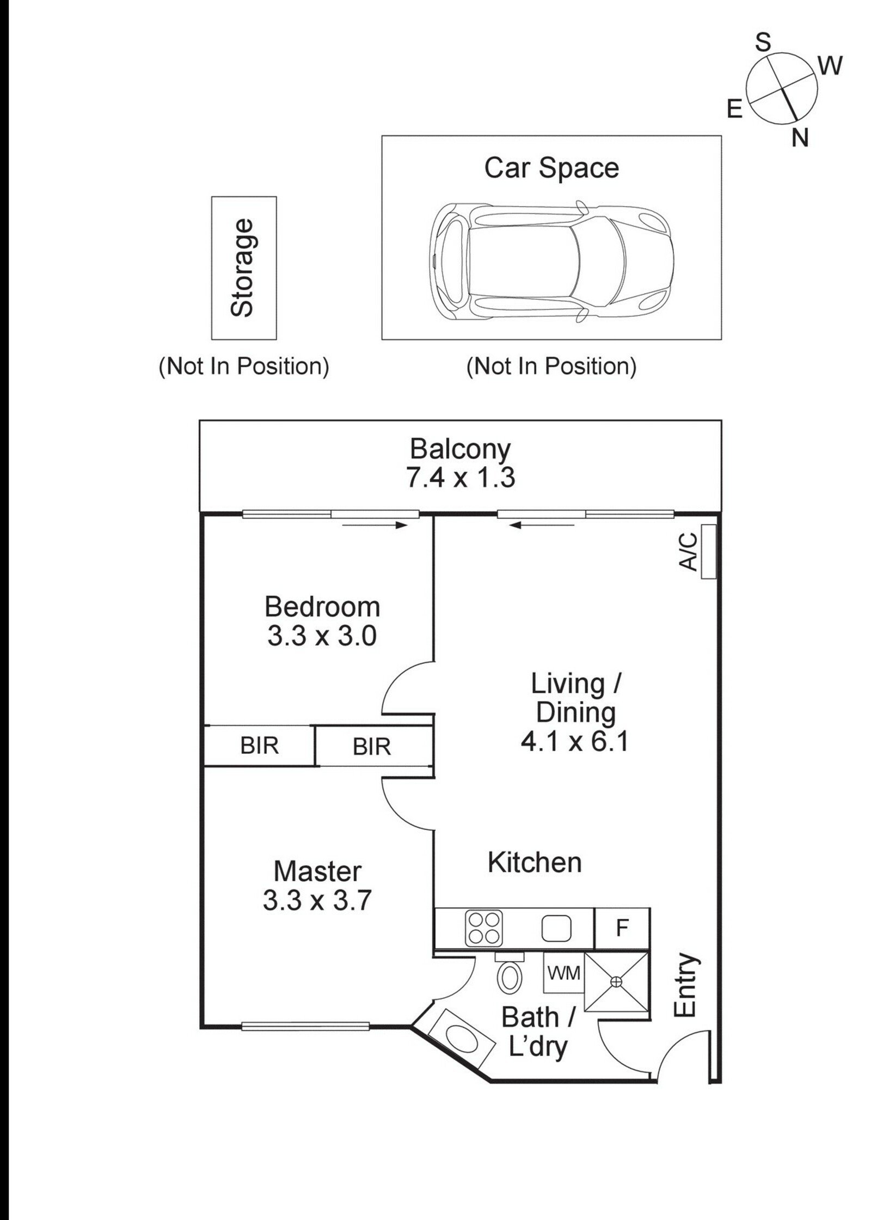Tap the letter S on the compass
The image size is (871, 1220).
pos(764,42)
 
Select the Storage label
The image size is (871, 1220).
pos(242,267)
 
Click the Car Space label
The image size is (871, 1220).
pos(551,168)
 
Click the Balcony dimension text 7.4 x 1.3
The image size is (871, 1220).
pos(460,478)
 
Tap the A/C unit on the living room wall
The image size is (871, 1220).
pos(708,551)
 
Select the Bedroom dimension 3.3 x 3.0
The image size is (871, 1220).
pos(322,636)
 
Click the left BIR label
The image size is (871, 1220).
pos(259,745)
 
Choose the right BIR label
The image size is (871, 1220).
pos(372,746)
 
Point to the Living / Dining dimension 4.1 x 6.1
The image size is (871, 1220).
pos(575,741)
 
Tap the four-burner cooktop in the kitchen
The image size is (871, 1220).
pos(484,929)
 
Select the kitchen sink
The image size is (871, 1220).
pos(556,929)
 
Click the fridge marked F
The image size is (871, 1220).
pos(622,928)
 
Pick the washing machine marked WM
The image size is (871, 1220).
pos(563,972)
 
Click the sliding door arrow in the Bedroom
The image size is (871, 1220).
pos(375,526)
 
